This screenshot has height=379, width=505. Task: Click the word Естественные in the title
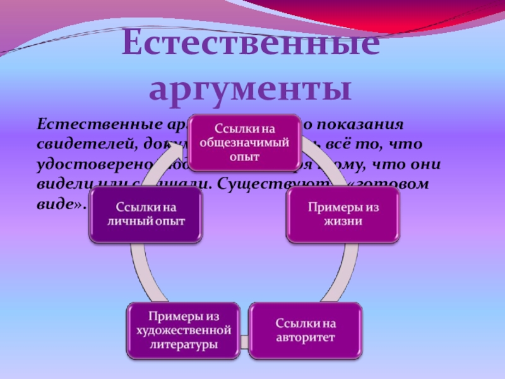[251, 45]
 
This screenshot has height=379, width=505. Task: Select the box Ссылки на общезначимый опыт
[236, 143]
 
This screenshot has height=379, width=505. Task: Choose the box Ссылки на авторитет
[306, 330]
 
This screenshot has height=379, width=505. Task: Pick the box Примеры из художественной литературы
[183, 330]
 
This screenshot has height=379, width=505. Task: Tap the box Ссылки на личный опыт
[145, 215]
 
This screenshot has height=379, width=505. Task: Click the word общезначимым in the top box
[236, 143]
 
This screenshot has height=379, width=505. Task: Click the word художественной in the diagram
[183, 330]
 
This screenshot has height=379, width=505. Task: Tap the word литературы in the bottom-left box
[183, 345]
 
